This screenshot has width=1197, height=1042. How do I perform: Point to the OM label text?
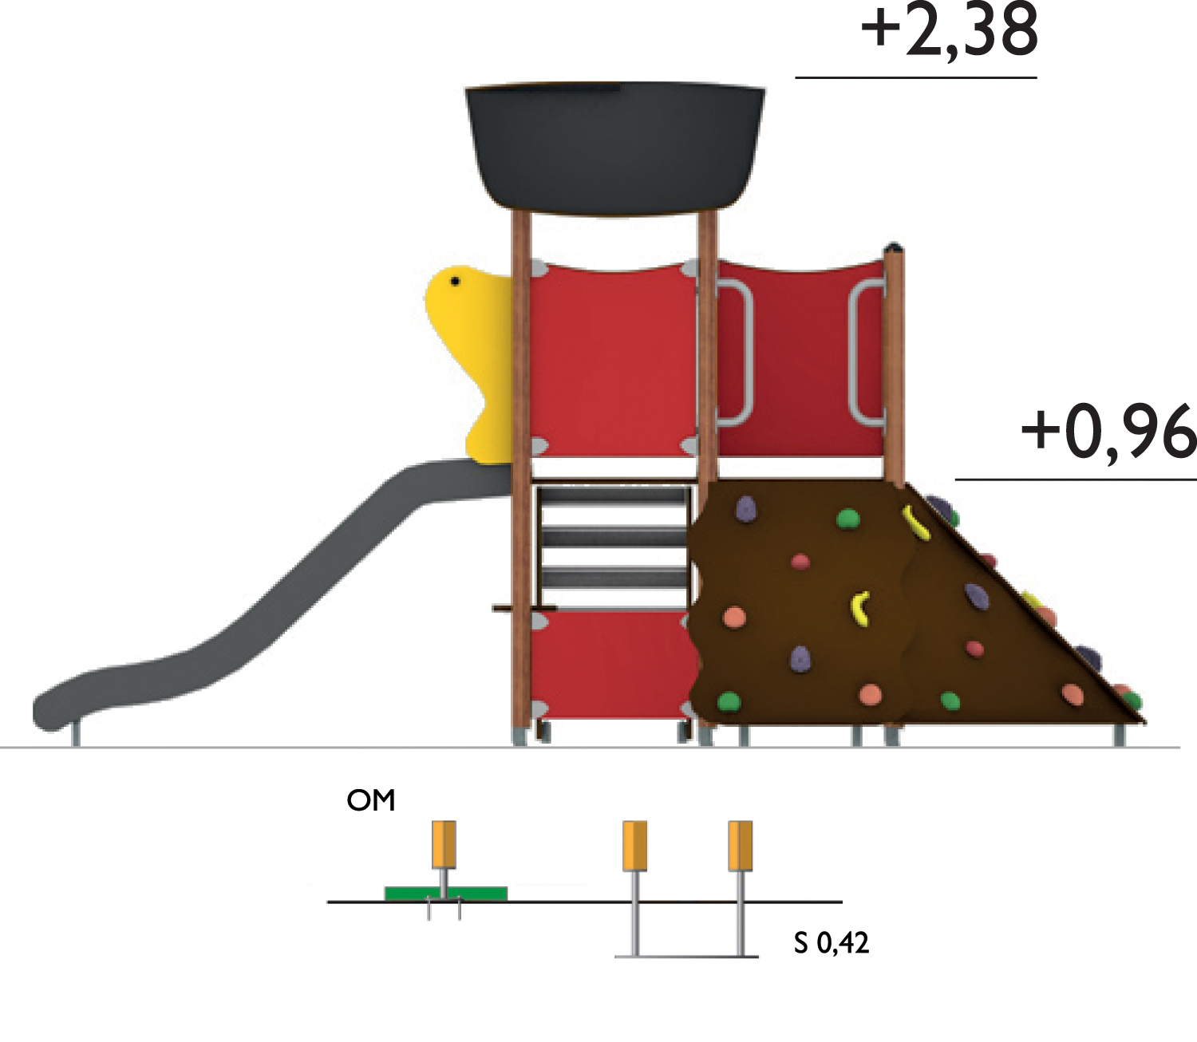point(371,800)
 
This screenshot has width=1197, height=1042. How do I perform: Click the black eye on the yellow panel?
point(455,282)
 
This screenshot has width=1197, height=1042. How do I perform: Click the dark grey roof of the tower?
point(615,149)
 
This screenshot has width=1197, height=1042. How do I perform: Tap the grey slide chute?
point(269,597)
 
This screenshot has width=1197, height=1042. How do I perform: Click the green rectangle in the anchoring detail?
point(446,893)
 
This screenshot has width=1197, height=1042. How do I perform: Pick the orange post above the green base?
point(444,844)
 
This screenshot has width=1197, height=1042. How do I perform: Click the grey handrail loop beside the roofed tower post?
point(736,353)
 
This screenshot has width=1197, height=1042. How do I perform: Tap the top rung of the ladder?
point(613,495)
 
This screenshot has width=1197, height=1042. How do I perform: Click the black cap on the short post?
point(893,247)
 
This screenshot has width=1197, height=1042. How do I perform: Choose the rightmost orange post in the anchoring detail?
point(740,846)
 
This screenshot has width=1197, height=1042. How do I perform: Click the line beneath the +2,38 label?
point(915,77)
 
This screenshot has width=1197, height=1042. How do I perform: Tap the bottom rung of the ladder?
point(613,579)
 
